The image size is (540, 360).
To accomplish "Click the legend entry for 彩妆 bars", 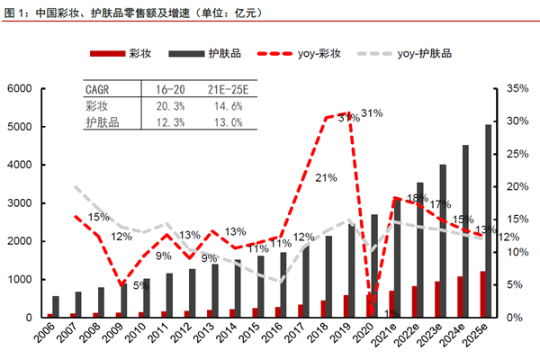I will coord(127,54).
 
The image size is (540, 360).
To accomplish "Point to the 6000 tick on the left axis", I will coord(19,88).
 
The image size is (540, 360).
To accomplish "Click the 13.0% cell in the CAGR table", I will coord(224,121).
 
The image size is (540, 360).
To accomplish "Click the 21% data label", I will coord(325,177).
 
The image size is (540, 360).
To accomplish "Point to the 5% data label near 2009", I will coord(141,285).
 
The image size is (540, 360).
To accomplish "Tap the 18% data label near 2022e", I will coord(417,198).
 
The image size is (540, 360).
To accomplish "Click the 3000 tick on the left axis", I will coord(19,203).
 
